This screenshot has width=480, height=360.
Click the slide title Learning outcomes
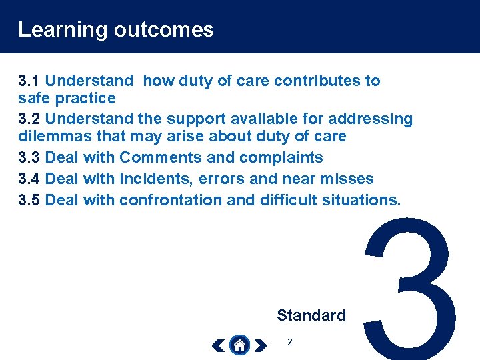(x=115, y=30)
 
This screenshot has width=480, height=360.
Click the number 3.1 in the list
(x=29, y=81)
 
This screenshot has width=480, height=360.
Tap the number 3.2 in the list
(x=29, y=119)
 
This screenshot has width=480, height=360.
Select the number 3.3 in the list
(x=29, y=158)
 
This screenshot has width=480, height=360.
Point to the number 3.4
(x=29, y=179)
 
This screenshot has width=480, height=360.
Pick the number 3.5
(x=29, y=200)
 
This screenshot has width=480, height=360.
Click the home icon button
(x=239, y=345)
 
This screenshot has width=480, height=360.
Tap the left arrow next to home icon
(x=218, y=345)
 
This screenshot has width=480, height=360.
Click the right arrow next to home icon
(x=260, y=345)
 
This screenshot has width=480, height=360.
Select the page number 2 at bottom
(x=289, y=342)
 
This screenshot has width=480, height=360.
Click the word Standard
(x=311, y=315)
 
